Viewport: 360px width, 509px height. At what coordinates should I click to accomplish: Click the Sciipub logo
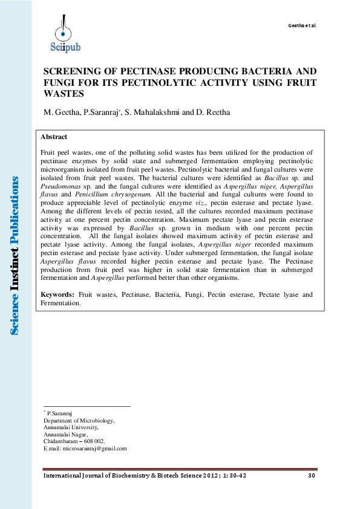tap(63, 34)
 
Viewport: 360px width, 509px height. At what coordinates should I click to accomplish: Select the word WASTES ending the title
tap(63, 94)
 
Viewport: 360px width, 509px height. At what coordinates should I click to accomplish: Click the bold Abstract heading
tap(53, 137)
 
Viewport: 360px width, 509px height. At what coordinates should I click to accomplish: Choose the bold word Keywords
tap(57, 294)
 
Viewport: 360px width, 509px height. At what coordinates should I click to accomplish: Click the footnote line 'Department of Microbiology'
tap(79, 420)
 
